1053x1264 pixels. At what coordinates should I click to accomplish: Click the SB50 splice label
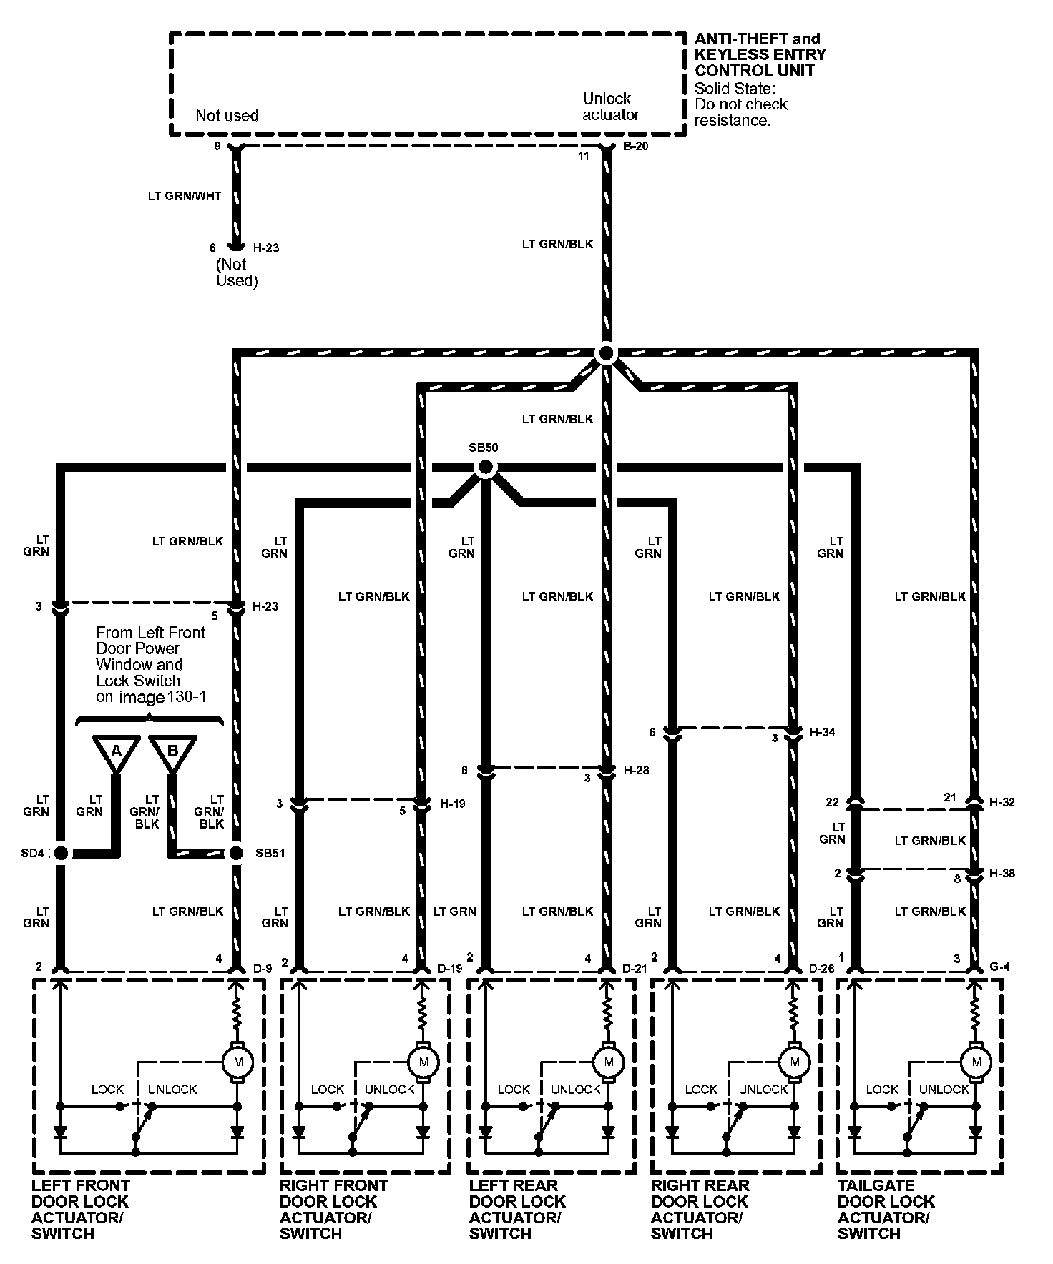tap(483, 448)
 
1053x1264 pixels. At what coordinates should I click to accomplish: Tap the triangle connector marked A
tap(115, 751)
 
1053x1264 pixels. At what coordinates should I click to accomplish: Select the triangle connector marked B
tap(172, 751)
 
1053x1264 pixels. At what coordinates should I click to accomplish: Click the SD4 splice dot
tap(61, 853)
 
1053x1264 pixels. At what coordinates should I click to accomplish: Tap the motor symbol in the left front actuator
tap(237, 1062)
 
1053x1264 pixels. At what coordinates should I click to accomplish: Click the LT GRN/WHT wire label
tap(185, 196)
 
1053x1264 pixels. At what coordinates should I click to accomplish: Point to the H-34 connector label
tap(822, 733)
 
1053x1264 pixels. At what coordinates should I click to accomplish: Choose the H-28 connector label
tap(636, 771)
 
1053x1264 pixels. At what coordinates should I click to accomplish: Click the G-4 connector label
tap(1000, 968)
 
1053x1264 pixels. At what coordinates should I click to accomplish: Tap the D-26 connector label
tap(821, 969)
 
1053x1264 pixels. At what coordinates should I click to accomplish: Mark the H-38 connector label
tap(1001, 874)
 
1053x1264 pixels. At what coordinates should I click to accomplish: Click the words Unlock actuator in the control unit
tap(610, 107)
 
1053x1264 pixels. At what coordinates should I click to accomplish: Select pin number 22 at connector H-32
tap(832, 803)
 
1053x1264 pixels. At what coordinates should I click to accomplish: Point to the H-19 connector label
tap(452, 804)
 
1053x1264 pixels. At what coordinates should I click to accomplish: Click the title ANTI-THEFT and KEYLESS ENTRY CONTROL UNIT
tap(760, 55)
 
